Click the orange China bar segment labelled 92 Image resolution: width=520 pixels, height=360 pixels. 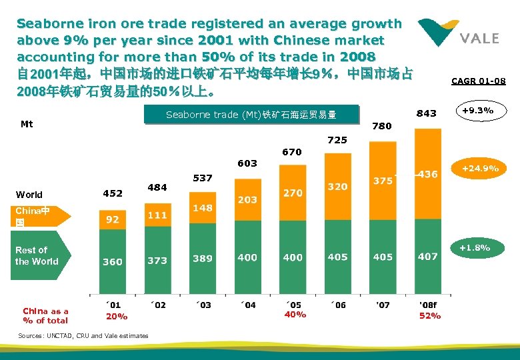pyautogui.click(x=113, y=219)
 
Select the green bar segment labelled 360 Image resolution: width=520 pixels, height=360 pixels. pyautogui.click(x=113, y=261)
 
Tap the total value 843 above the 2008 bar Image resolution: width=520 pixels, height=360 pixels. pyautogui.click(x=427, y=113)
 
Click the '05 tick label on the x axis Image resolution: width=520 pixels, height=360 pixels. pyautogui.click(x=293, y=305)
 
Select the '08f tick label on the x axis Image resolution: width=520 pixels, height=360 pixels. pyautogui.click(x=428, y=305)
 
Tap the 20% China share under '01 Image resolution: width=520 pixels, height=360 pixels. pyautogui.click(x=117, y=316)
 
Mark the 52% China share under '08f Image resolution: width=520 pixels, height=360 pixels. pyautogui.click(x=429, y=316)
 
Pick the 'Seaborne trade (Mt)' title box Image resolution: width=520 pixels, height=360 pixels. pyautogui.click(x=251, y=115)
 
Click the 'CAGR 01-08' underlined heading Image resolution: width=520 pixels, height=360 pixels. pyautogui.click(x=478, y=81)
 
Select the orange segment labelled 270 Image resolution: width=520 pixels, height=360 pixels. pyautogui.click(x=293, y=193)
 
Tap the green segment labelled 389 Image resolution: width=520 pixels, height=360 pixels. pyautogui.click(x=203, y=258)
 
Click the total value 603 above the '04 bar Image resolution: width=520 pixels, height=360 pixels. pyautogui.click(x=247, y=163)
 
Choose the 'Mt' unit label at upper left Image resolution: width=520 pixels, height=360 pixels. pyautogui.click(x=27, y=124)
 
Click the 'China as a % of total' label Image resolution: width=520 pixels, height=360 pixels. pyautogui.click(x=45, y=316)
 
